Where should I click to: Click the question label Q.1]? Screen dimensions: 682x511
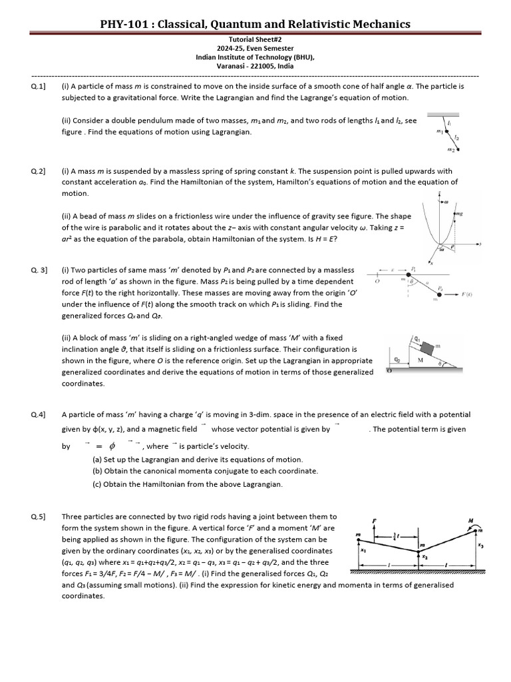coord(38,87)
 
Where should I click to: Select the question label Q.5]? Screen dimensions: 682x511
coord(38,516)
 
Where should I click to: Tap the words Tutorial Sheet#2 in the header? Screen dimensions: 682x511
coord(255,39)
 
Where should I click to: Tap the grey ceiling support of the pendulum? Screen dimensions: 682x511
coord(446,114)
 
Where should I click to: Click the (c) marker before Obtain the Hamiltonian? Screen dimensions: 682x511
coord(97,484)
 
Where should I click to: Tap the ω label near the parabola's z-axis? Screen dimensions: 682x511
coord(445,199)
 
